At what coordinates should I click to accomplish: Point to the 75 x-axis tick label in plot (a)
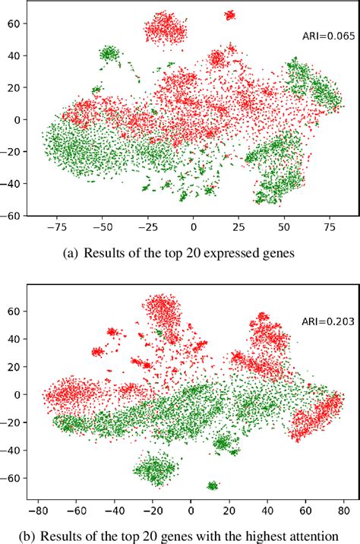[329, 226]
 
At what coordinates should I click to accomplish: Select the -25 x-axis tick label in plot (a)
[147, 226]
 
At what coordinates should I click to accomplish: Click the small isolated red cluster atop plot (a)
[229, 14]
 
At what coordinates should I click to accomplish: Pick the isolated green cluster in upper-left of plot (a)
[109, 52]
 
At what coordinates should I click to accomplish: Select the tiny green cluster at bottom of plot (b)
[213, 485]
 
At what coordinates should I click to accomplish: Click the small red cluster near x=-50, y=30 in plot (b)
[97, 352]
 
